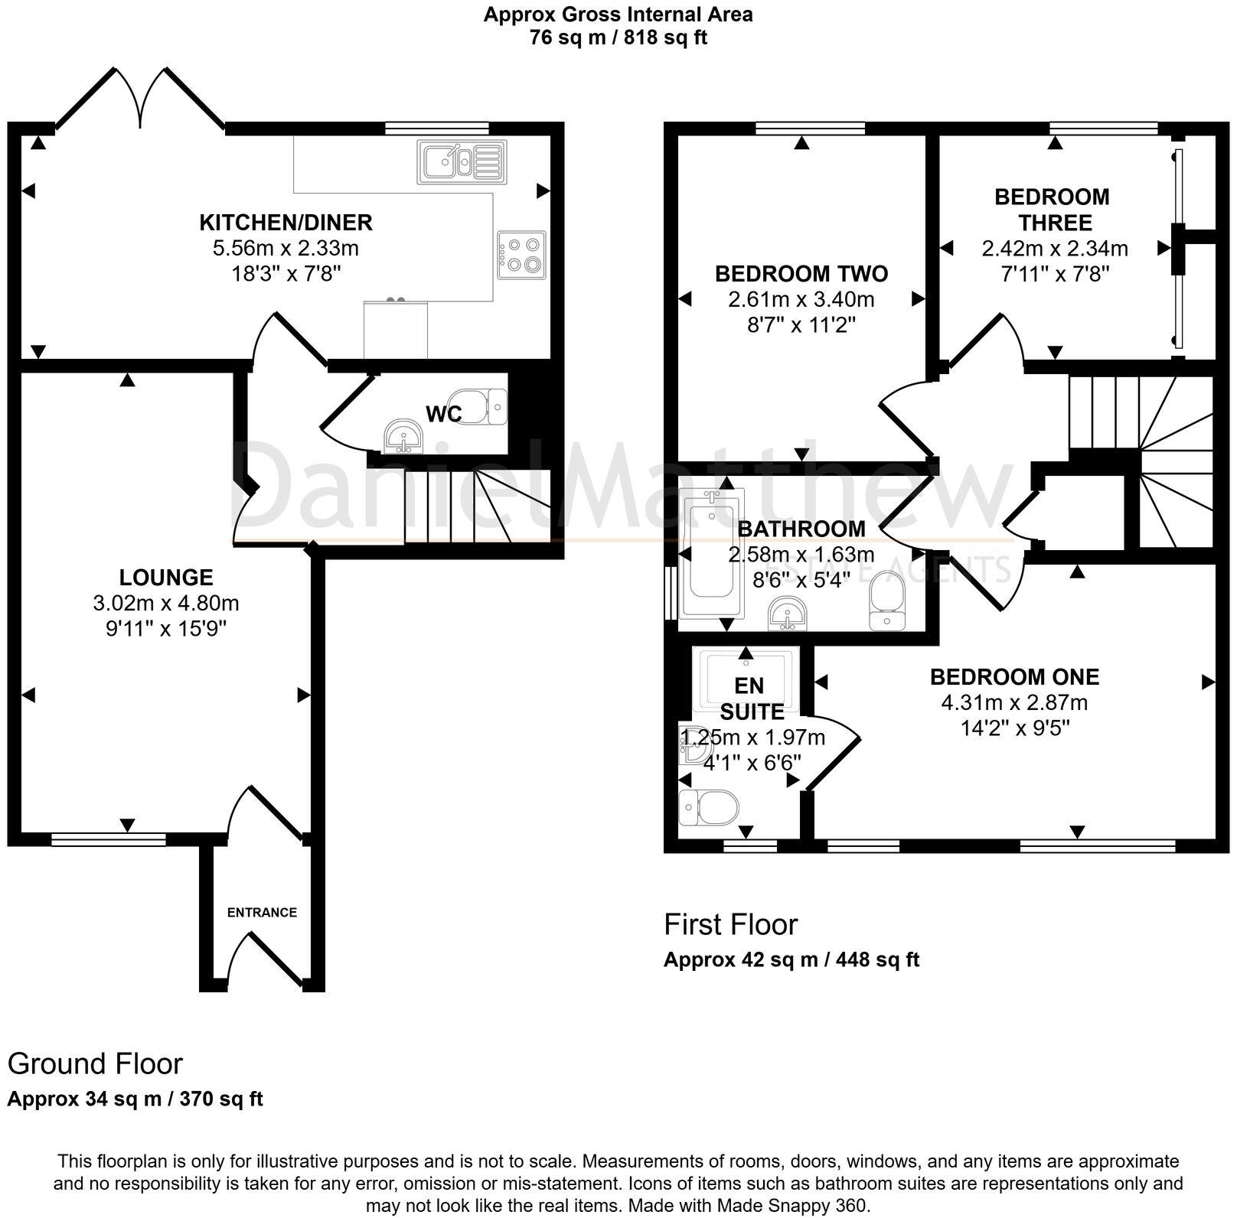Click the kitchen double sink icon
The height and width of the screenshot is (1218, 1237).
[x=462, y=162]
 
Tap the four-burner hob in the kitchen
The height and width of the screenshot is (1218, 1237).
[x=521, y=255]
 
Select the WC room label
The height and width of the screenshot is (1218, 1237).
[x=443, y=414]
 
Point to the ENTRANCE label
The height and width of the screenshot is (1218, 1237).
[x=262, y=912]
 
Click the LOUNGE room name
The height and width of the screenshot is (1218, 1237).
[x=166, y=577]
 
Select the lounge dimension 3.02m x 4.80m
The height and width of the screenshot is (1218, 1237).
[x=166, y=603]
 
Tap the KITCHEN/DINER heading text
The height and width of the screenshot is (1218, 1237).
[x=286, y=223]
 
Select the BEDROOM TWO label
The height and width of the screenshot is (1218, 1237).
[x=801, y=274]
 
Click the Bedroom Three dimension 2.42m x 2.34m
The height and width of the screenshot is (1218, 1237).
[x=1054, y=249]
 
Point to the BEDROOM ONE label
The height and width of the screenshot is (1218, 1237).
[x=1014, y=677]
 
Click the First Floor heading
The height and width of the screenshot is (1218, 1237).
[x=730, y=924]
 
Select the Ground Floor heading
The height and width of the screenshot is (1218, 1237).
[x=95, y=1063]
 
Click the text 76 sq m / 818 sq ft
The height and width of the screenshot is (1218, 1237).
[x=618, y=37]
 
